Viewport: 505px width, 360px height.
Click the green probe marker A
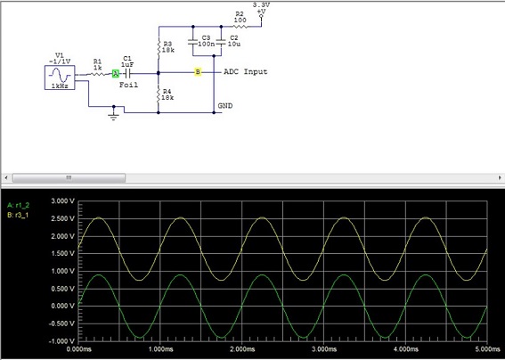coord(116,75)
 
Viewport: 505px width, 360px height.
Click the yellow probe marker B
coord(199,71)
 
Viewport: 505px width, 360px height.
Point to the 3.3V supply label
coord(261,5)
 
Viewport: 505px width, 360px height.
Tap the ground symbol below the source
coord(112,114)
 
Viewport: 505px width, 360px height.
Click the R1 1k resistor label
coord(97,65)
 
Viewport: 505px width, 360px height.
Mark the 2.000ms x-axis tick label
coord(241,350)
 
